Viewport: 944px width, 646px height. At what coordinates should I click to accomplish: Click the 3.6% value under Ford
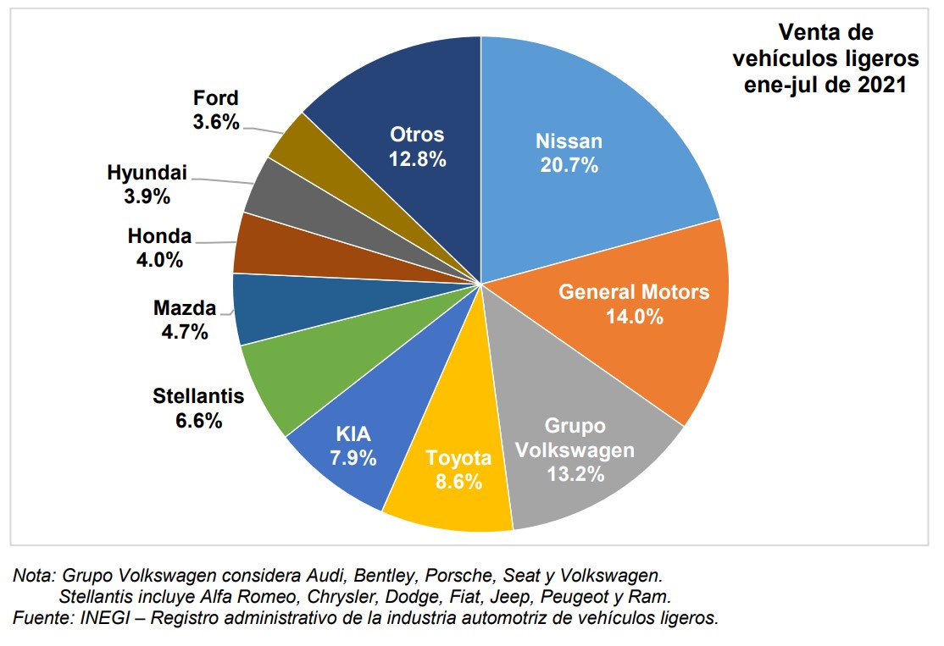216,121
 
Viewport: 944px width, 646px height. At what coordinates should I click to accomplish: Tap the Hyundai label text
147,174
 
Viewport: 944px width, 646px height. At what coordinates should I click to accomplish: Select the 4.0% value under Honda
159,260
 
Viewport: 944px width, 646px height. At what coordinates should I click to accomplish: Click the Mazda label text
185,309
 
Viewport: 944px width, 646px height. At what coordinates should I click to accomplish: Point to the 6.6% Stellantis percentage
198,419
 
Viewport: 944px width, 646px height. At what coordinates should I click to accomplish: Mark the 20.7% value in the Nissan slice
569,165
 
